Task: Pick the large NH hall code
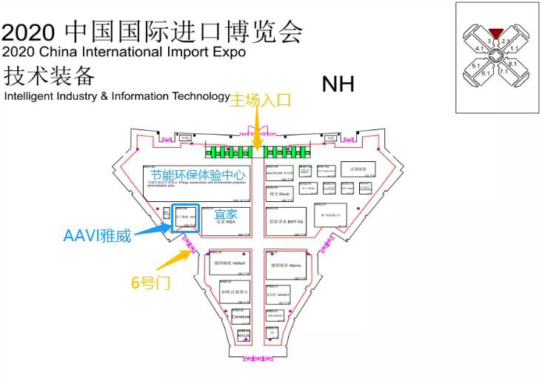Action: point(338,84)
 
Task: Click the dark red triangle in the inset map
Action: point(496,31)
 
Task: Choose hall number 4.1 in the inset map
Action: point(479,49)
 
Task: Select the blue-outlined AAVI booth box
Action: point(185,219)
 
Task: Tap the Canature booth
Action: point(241,317)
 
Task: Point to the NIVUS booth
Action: point(244,336)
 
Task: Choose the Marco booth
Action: point(284,264)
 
